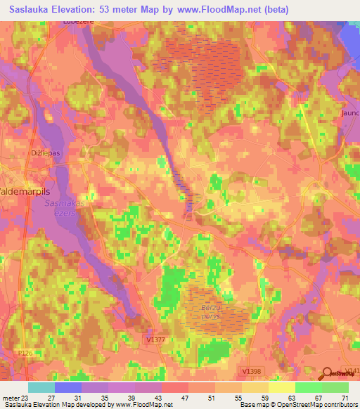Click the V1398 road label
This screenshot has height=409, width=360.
click(x=250, y=370)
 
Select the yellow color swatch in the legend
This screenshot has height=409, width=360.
click(x=281, y=387)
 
